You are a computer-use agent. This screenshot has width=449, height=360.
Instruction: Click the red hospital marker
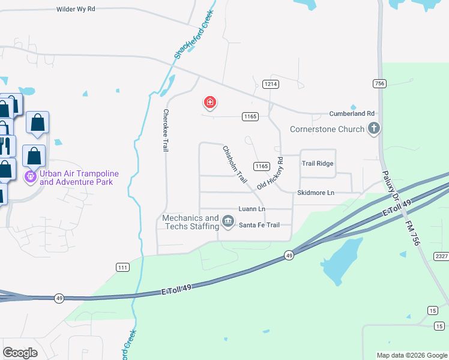[x=210, y=103]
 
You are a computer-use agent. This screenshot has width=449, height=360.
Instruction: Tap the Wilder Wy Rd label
[x=76, y=10]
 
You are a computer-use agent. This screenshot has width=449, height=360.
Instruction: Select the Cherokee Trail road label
[x=166, y=130]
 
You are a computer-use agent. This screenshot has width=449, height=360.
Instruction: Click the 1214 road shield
[x=270, y=85]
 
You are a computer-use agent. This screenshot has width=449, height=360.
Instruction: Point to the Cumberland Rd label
[x=352, y=113]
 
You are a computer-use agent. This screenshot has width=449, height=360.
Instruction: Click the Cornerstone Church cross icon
[x=374, y=128]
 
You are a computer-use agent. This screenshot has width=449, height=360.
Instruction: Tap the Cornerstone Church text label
[x=327, y=129]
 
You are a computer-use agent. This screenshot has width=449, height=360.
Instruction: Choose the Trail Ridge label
[x=318, y=163]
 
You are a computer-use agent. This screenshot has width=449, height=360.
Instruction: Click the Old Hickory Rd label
[x=270, y=174]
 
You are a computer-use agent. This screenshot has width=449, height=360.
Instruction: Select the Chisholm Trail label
[x=235, y=164]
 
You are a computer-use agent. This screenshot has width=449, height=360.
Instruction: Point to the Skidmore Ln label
[x=315, y=193]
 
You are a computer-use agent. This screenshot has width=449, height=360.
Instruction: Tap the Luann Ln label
[x=252, y=209]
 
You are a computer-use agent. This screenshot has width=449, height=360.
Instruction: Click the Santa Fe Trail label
[x=259, y=225]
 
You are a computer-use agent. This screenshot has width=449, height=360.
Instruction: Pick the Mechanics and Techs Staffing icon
[x=228, y=222]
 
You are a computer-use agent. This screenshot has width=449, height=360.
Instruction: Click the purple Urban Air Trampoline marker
[x=30, y=177]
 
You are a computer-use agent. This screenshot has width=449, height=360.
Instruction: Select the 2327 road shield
[x=441, y=256]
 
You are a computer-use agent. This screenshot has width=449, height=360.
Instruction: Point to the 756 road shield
[x=379, y=84]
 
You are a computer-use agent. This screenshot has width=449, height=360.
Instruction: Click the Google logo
[x=20, y=353]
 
